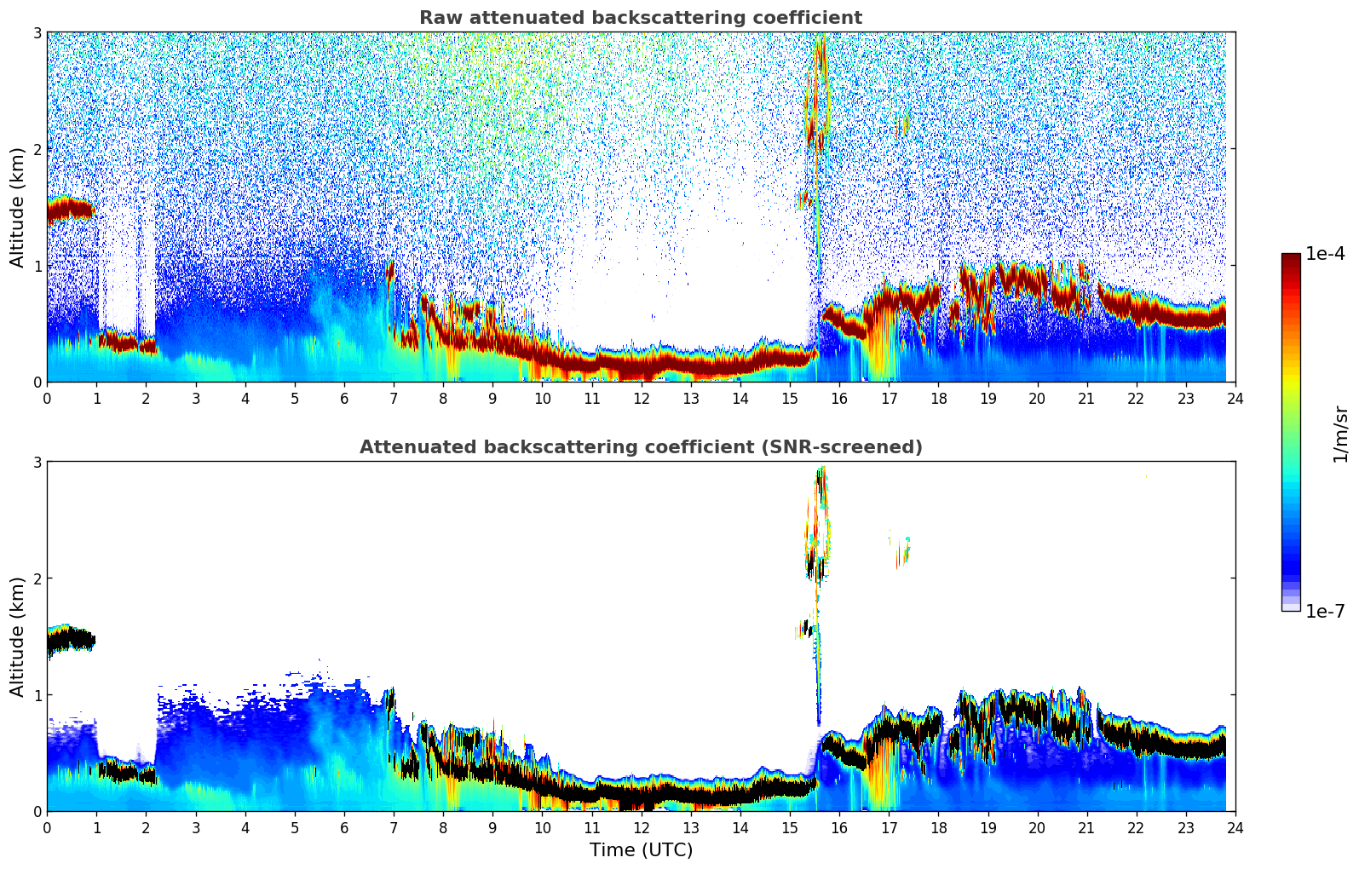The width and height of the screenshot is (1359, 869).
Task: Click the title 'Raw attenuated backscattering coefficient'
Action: point(640,18)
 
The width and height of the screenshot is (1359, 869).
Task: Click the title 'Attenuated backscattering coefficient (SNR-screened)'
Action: point(640,447)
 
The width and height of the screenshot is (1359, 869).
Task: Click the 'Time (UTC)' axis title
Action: point(641,849)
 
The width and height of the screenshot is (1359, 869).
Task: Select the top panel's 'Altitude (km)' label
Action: point(17,207)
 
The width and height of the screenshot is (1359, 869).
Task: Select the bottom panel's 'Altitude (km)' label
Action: point(17,636)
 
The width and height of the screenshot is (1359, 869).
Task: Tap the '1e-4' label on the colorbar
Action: point(1325,254)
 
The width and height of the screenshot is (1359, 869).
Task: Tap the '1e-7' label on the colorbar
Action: point(1325,611)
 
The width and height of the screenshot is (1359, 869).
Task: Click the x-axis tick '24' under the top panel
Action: point(1235,398)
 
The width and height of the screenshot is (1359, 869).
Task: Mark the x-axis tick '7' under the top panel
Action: point(394,398)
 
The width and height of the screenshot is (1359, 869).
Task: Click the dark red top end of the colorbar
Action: point(1290,257)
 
